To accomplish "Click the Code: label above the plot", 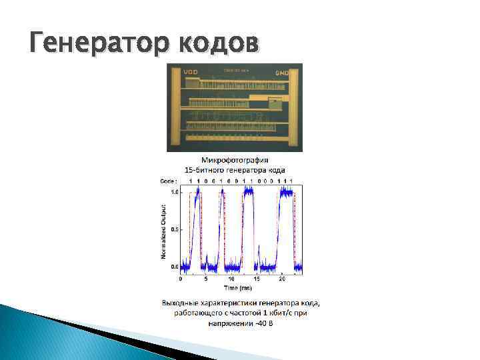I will (169, 181).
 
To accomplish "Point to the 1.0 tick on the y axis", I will (174, 192).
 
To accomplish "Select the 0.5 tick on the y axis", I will (174, 229).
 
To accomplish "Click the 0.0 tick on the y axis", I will (174, 267).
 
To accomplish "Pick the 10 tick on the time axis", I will (231, 279).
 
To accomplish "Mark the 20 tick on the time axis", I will (281, 279).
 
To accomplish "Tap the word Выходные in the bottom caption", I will (181, 303).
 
